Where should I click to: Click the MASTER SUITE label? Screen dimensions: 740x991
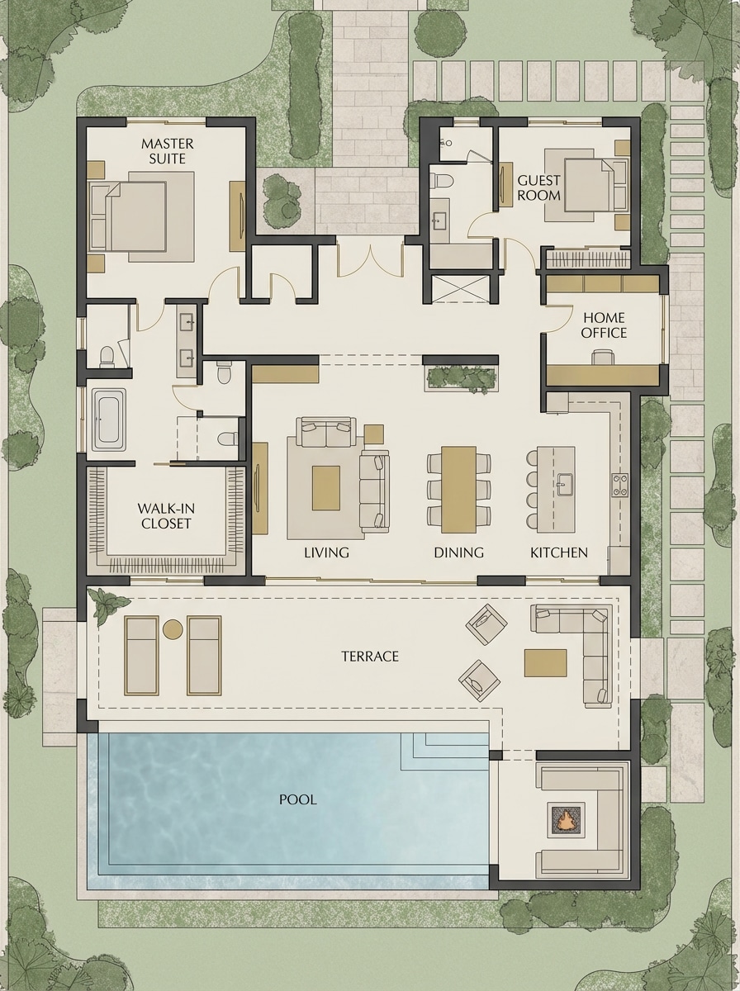(168, 150)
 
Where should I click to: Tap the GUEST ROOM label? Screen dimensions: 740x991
(538, 187)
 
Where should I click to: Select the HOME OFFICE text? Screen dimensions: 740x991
(604, 325)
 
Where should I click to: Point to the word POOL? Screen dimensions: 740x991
(297, 799)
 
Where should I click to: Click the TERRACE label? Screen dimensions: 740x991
(370, 657)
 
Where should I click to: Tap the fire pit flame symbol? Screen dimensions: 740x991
(567, 820)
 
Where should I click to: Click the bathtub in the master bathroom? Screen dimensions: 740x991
(108, 420)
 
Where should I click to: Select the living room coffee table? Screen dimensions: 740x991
(325, 487)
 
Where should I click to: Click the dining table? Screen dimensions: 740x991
(458, 489)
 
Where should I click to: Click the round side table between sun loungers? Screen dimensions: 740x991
(173, 630)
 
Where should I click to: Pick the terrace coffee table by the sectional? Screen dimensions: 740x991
(545, 662)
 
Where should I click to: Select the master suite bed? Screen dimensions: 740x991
(139, 215)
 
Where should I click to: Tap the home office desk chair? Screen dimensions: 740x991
(603, 356)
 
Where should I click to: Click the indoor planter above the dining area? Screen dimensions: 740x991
(462, 377)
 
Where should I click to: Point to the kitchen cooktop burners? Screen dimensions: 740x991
(619, 486)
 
